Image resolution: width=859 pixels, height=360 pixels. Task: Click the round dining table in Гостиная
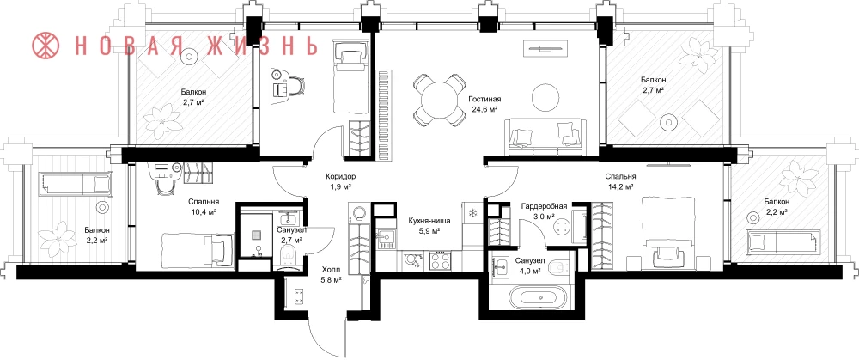439,100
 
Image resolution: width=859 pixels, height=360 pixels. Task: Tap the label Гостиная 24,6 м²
484,104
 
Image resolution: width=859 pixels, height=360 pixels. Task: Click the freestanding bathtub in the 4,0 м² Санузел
540,297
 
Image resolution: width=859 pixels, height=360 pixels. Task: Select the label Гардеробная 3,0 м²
544,211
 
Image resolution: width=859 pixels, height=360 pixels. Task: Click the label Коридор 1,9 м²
341,181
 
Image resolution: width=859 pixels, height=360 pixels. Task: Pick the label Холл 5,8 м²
331,274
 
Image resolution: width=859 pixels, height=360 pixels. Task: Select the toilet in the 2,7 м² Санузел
288,256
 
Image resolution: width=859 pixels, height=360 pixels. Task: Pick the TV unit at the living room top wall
544,47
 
